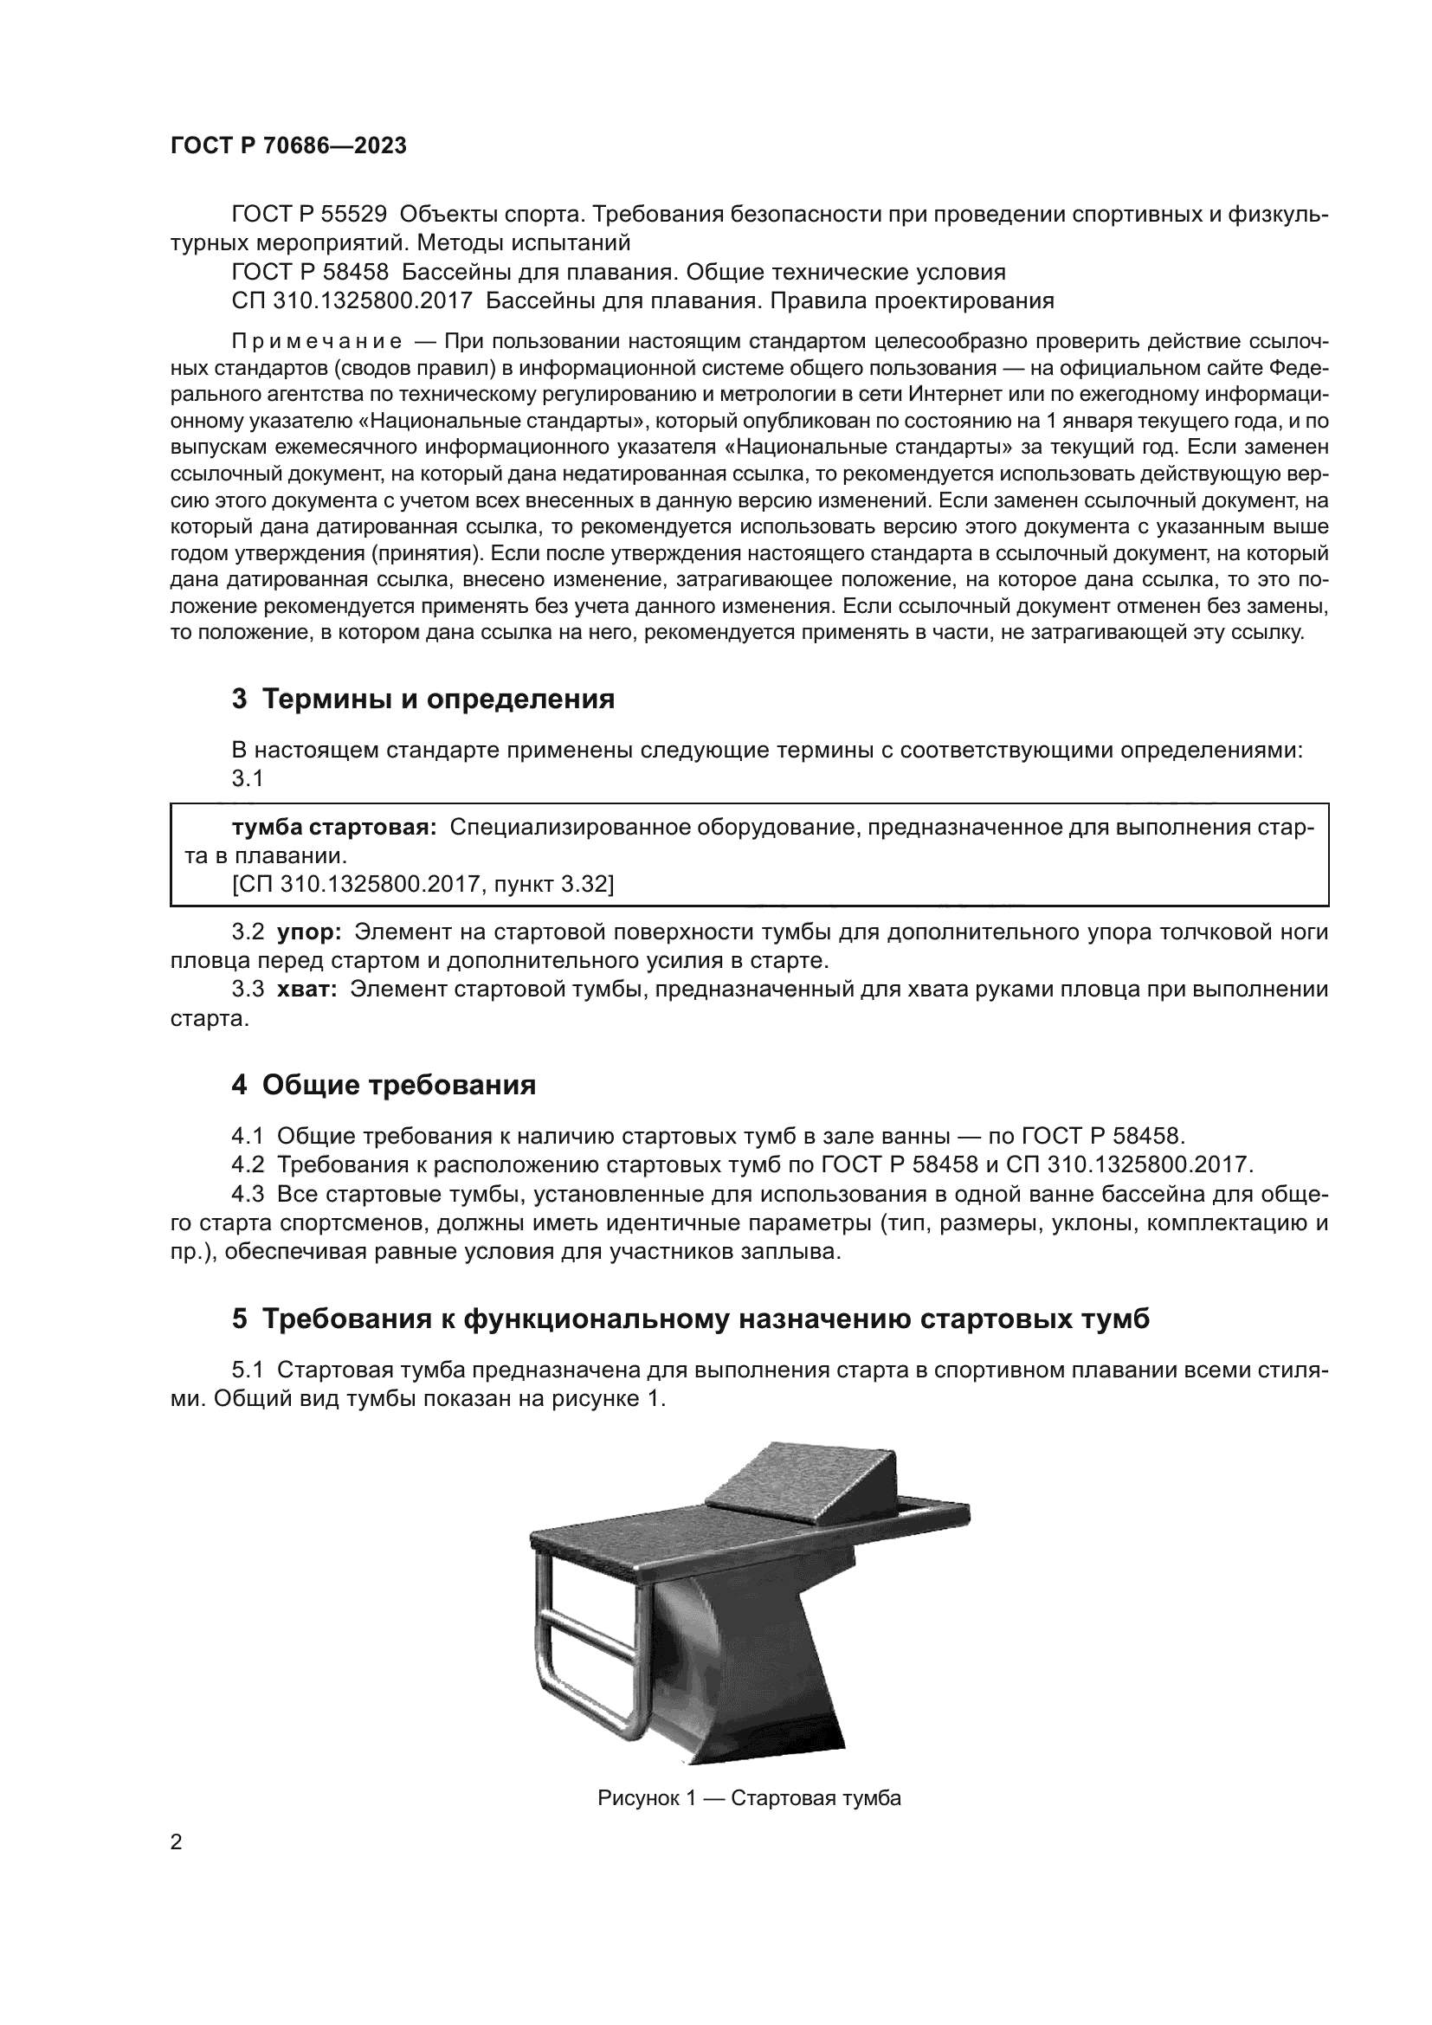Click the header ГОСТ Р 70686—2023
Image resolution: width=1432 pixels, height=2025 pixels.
288,145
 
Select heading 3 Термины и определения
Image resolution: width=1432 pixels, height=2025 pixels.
423,700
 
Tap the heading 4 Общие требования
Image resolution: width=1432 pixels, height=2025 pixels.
384,1085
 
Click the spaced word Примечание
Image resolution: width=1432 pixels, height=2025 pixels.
317,341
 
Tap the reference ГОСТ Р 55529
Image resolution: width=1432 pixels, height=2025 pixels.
308,215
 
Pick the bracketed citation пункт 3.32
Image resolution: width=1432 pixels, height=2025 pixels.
423,884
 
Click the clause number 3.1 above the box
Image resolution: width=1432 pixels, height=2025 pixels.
248,779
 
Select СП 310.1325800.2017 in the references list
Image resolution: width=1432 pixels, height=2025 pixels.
352,300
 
